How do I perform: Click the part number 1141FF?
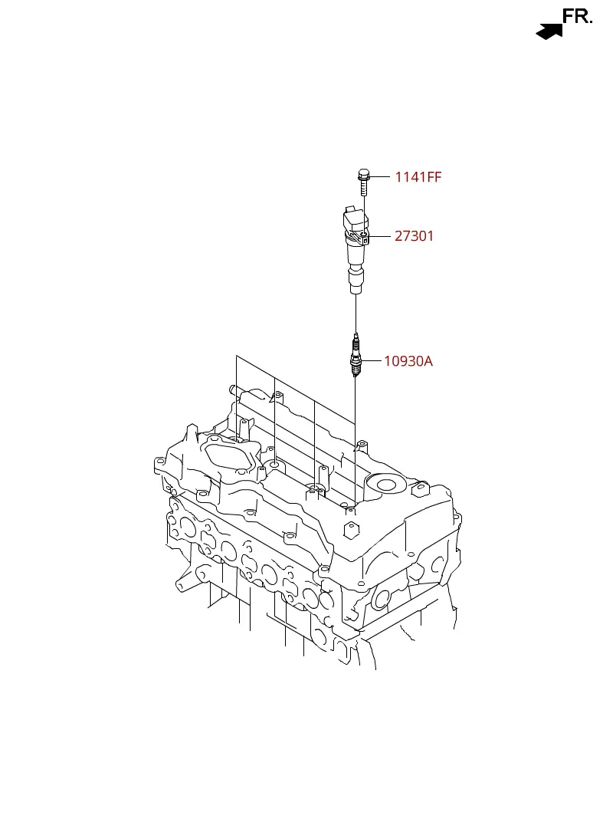tap(418, 177)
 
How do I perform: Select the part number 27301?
tap(414, 235)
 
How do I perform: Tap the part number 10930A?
tap(408, 361)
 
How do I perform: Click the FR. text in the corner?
tap(577, 16)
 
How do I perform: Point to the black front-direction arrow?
tap(549, 32)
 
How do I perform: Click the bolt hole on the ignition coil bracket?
tap(364, 234)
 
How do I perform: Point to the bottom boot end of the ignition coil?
tap(356, 281)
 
